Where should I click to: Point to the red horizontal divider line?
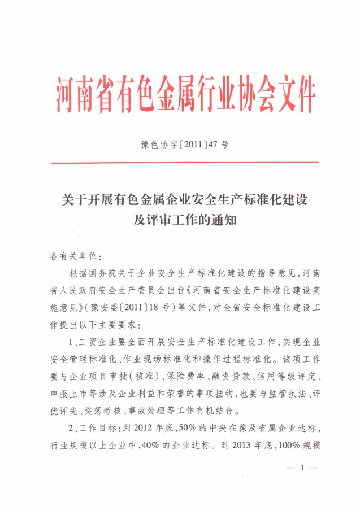pos(185,163)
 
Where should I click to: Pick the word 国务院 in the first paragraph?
pos(104,274)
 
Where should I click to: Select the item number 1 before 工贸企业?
pos(72,343)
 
